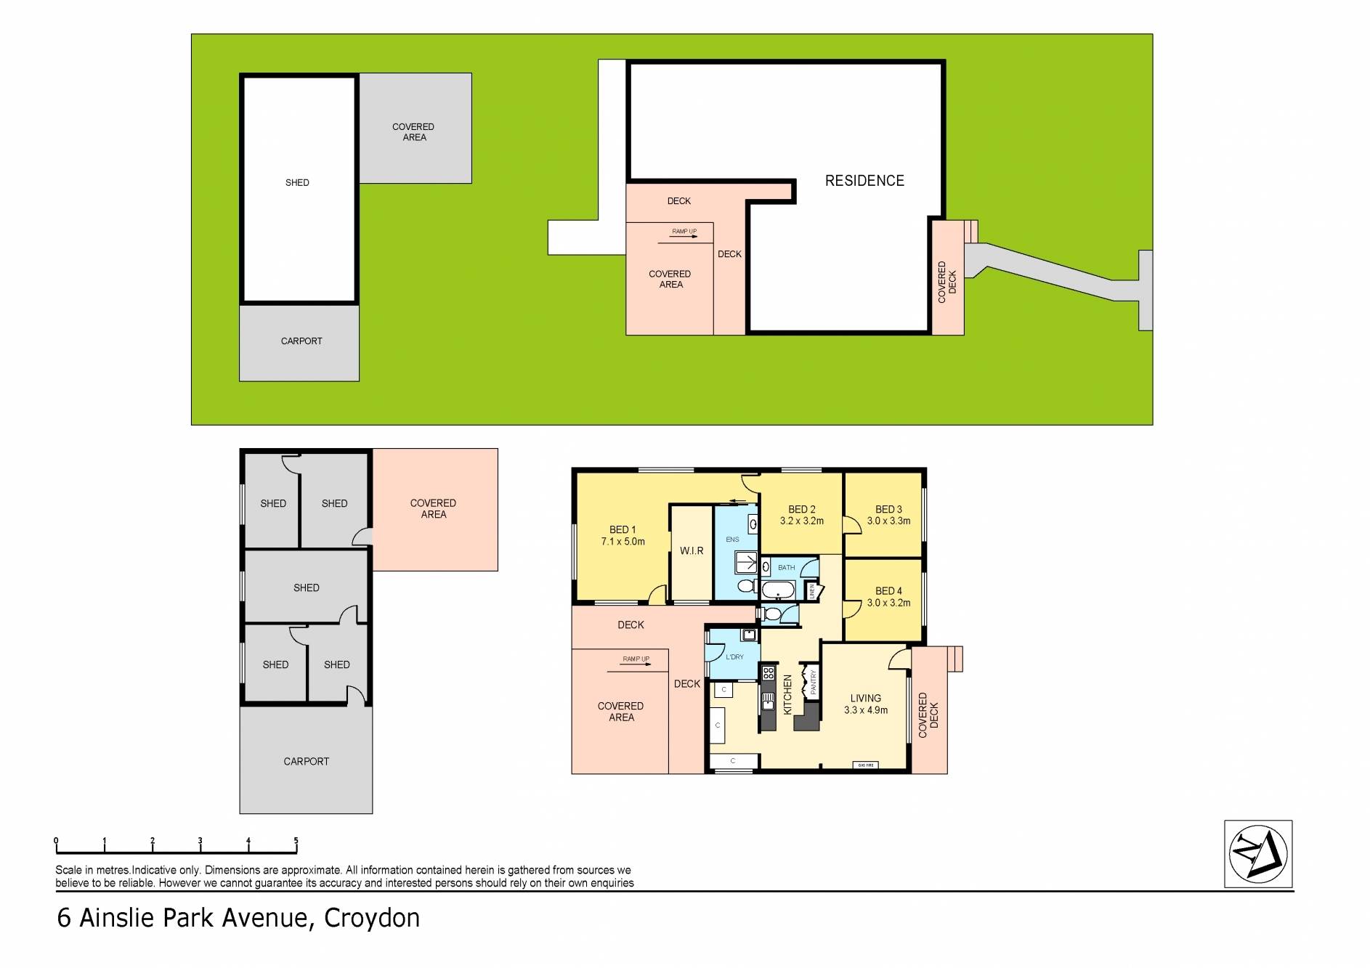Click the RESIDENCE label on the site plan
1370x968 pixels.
pyautogui.click(x=864, y=181)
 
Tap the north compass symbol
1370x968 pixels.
pyautogui.click(x=1258, y=853)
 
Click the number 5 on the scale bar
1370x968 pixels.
pyautogui.click(x=296, y=841)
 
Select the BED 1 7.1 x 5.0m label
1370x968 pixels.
pyautogui.click(x=623, y=536)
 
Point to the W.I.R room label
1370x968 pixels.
pyautogui.click(x=692, y=551)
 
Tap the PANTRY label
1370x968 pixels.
pyautogui.click(x=814, y=683)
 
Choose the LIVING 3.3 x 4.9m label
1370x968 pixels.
pyautogui.click(x=865, y=704)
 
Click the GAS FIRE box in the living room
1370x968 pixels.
pyautogui.click(x=867, y=765)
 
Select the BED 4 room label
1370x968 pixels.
pyautogui.click(x=888, y=597)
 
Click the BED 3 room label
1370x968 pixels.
pyautogui.click(x=888, y=515)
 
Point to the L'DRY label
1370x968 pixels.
pyautogui.click(x=734, y=657)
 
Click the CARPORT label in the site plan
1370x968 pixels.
pyautogui.click(x=301, y=341)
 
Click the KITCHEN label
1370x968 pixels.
pyautogui.click(x=787, y=694)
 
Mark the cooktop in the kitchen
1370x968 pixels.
pyautogui.click(x=768, y=672)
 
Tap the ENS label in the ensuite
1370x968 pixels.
pyautogui.click(x=732, y=540)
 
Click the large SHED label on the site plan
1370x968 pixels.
pyautogui.click(x=297, y=183)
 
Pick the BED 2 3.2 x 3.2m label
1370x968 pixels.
pyautogui.click(x=802, y=515)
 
